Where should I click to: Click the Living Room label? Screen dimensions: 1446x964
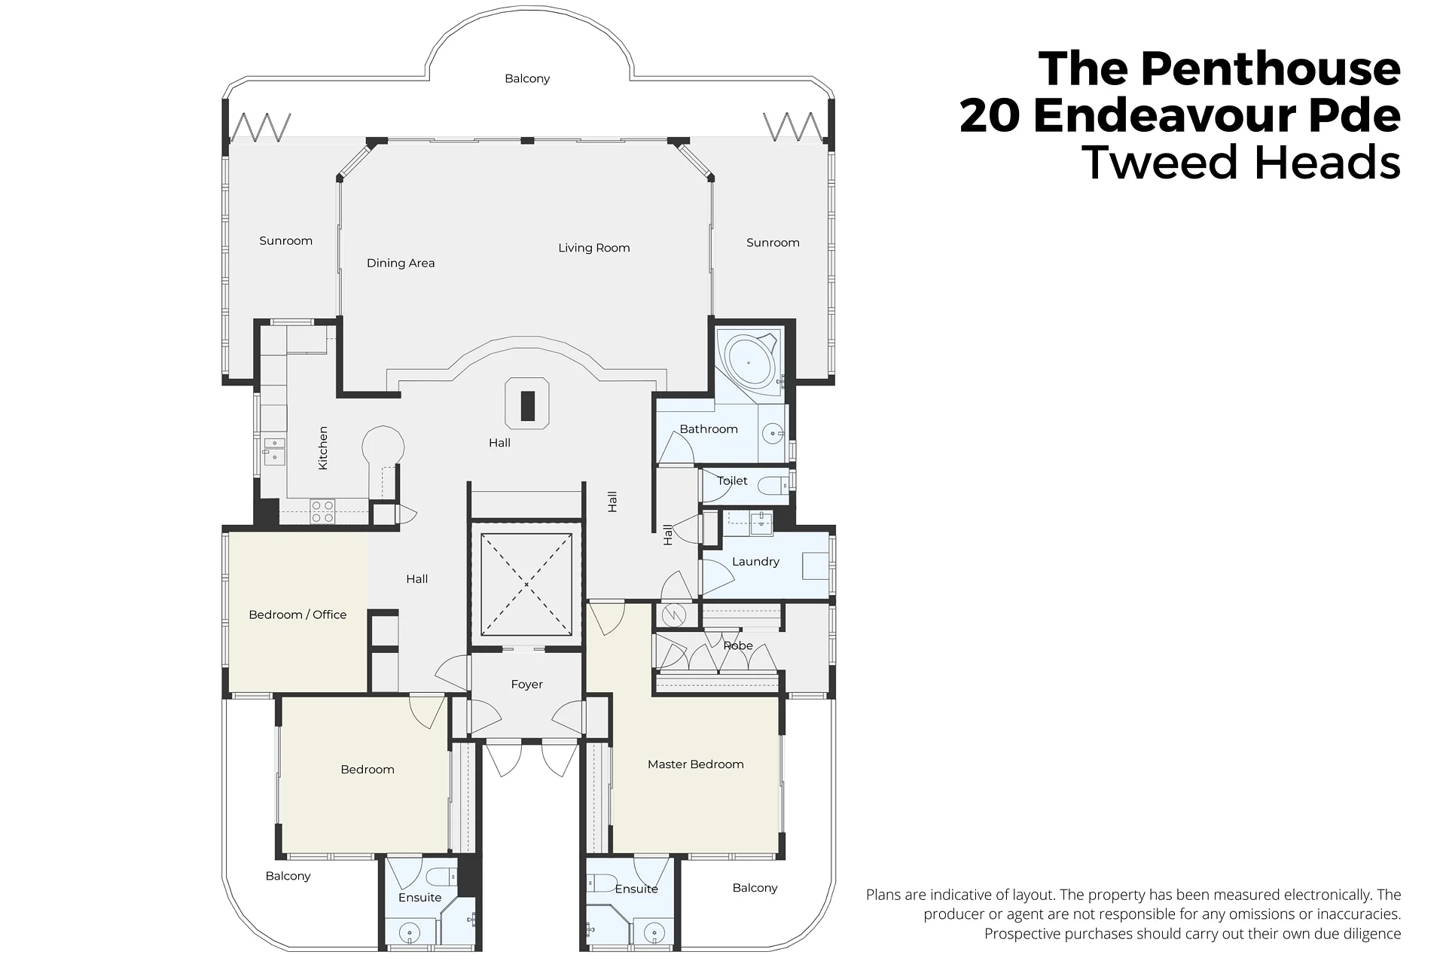tap(593, 248)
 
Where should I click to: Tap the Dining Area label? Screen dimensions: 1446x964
tap(401, 263)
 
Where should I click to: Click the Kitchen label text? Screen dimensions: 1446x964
tap(323, 448)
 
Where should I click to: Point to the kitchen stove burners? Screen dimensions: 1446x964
tap(322, 511)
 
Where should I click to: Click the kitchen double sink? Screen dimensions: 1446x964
tap(274, 450)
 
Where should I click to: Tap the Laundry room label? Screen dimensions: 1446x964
tap(755, 562)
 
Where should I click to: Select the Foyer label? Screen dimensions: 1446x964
tap(526, 685)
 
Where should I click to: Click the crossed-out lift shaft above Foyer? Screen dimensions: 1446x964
tap(526, 584)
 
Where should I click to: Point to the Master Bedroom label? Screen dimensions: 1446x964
tap(695, 764)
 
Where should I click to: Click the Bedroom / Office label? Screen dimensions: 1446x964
tap(297, 615)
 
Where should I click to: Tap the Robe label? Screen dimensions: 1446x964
tap(738, 645)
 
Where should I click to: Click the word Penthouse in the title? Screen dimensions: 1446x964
tap(1270, 69)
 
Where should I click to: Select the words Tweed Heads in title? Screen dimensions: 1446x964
tap(1241, 162)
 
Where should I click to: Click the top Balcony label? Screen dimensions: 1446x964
tap(527, 78)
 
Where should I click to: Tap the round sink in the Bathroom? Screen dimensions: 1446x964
tap(772, 434)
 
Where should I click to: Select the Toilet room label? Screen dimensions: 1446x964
tap(732, 480)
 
